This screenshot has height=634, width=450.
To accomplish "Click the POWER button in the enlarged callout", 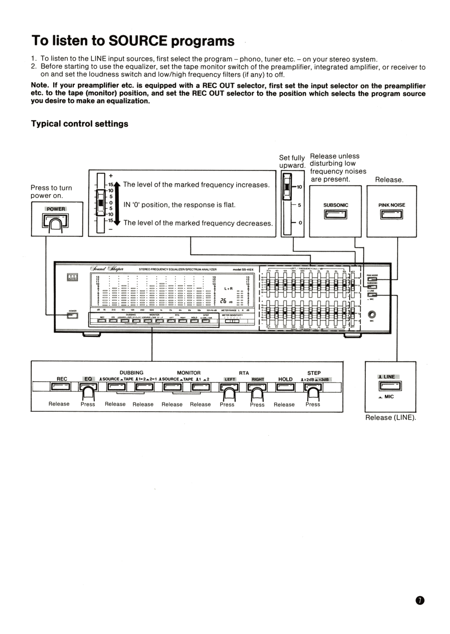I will [55, 221].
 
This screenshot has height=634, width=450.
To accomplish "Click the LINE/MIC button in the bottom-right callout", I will [390, 386].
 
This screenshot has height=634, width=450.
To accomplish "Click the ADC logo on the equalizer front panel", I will [72, 277].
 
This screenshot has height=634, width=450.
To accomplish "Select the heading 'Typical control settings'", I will [79, 124].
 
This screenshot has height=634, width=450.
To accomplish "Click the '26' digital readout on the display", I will [223, 301].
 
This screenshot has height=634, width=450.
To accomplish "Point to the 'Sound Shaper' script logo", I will [107, 268].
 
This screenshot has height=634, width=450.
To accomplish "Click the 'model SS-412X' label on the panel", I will [243, 269].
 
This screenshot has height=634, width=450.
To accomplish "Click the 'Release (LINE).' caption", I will [390, 418].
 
